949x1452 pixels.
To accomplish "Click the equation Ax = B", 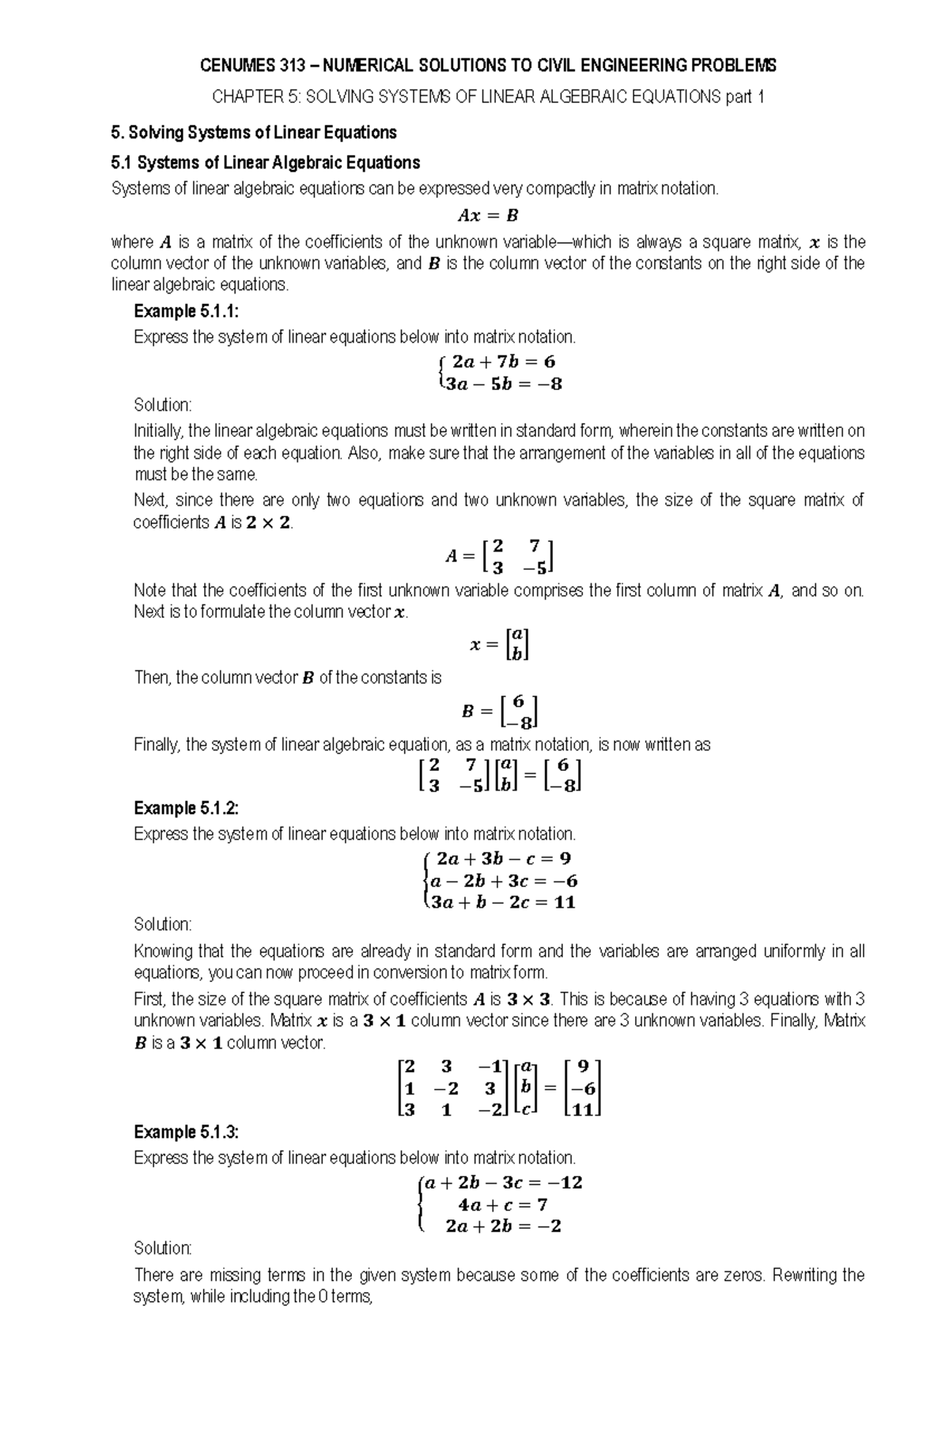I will tap(487, 214).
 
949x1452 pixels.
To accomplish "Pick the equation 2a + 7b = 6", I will tap(503, 362).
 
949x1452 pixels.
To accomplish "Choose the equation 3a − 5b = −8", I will tap(503, 385).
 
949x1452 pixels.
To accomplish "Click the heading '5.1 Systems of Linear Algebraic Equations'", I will tap(266, 163).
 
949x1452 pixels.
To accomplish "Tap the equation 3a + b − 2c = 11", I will tap(503, 902).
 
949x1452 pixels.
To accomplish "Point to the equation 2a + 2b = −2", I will tap(503, 1226).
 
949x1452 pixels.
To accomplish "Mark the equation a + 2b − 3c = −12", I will tap(503, 1183).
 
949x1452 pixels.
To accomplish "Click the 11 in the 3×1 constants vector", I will tap(583, 1109).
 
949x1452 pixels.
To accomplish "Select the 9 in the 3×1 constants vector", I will tap(584, 1067).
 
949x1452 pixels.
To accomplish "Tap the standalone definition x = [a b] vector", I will tap(499, 644).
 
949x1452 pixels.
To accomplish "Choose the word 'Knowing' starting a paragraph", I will tap(163, 951).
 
